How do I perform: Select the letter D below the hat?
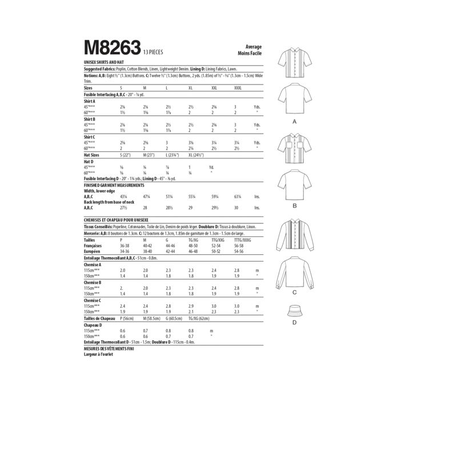(295, 323)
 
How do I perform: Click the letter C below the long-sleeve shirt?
(295, 292)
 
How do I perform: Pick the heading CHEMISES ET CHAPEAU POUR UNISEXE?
(123, 219)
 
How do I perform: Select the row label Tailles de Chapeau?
(100, 318)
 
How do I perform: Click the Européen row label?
(93, 251)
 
